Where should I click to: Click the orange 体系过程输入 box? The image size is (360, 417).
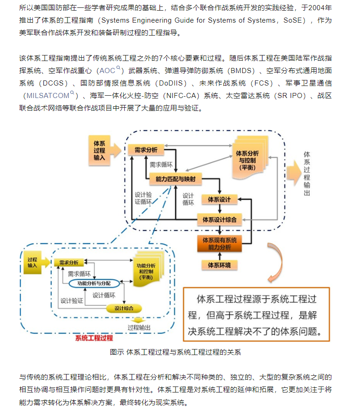tap(99, 150)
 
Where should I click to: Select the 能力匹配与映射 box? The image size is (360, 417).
tap(172, 178)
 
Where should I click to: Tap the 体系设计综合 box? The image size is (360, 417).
tap(219, 220)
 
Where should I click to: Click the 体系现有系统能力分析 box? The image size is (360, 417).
tap(220, 244)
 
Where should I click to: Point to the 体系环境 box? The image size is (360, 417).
tap(220, 265)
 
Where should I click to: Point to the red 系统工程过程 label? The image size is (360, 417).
tap(93, 338)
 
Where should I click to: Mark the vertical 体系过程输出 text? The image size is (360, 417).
tap(307, 173)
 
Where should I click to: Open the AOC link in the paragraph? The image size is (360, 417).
tap(107, 71)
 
